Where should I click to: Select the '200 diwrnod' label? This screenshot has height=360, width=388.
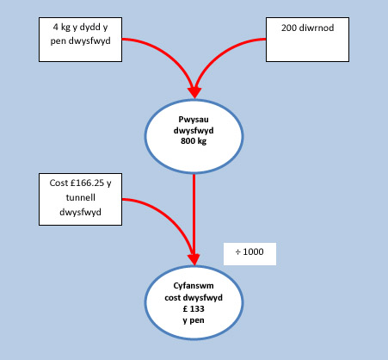pyautogui.click(x=307, y=28)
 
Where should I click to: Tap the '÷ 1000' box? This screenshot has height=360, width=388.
pyautogui.click(x=249, y=254)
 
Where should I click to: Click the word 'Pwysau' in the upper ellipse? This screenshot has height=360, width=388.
pyautogui.click(x=194, y=120)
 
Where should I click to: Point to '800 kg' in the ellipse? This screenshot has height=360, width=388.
pyautogui.click(x=194, y=141)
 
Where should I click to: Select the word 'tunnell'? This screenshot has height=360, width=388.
pyautogui.click(x=80, y=197)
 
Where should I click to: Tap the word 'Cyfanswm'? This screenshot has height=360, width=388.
pyautogui.click(x=194, y=286)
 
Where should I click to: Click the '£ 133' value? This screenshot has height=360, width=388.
pyautogui.click(x=194, y=309)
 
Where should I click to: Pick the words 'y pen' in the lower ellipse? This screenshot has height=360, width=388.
pyautogui.click(x=194, y=320)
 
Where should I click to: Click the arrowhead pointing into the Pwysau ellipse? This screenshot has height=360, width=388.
pyautogui.click(x=194, y=93)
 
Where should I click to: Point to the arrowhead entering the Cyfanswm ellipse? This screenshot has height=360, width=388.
pyautogui.click(x=194, y=259)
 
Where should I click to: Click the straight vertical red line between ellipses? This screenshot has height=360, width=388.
pyautogui.click(x=194, y=214)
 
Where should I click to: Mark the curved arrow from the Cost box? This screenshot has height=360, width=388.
pyautogui.click(x=172, y=216)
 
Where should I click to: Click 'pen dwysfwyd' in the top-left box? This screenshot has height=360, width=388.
pyautogui.click(x=80, y=41)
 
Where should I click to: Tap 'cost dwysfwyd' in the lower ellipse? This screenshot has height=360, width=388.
pyautogui.click(x=194, y=298)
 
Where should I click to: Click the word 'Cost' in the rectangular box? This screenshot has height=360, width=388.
pyautogui.click(x=59, y=183)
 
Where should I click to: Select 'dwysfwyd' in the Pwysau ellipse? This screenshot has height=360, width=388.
pyautogui.click(x=194, y=131)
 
